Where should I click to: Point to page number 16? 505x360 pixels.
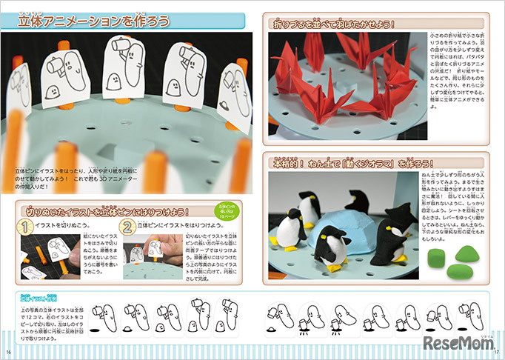[8, 352]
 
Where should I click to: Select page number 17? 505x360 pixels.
[495, 352]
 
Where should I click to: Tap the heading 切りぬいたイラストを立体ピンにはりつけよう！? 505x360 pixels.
[103, 210]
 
